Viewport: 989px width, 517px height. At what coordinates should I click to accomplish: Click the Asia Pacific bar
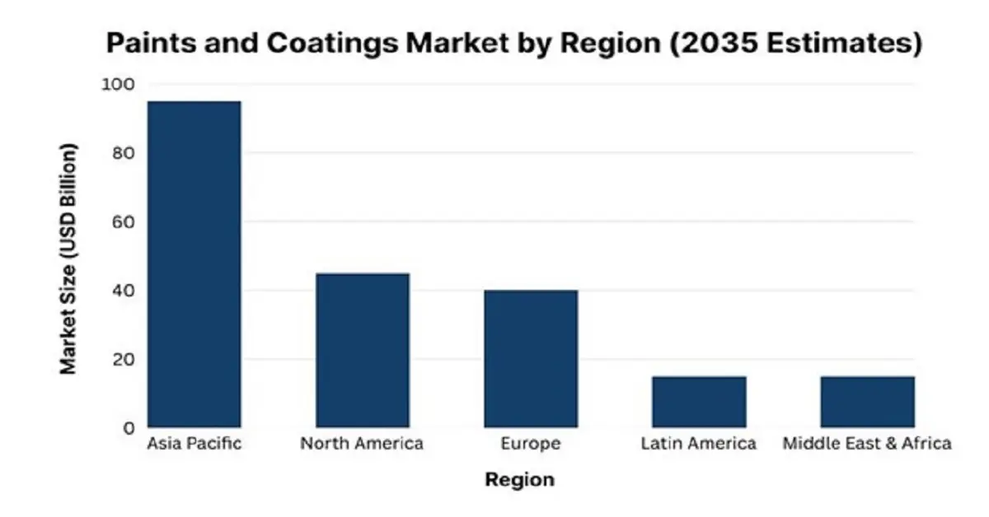pyautogui.click(x=194, y=263)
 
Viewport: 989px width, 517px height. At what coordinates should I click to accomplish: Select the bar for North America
pyautogui.click(x=362, y=350)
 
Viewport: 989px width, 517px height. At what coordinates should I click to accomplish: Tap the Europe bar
pyautogui.click(x=531, y=358)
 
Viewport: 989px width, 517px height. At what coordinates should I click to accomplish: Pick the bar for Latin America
pyautogui.click(x=699, y=402)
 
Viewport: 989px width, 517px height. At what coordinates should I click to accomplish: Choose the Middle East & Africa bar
pyautogui.click(x=867, y=402)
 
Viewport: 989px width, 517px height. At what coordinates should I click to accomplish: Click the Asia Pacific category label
pyautogui.click(x=194, y=444)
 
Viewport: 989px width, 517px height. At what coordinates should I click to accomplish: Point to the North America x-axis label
pyautogui.click(x=362, y=444)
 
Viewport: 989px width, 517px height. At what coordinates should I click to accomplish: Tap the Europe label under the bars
pyautogui.click(x=531, y=444)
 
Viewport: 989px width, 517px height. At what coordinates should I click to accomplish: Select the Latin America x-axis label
pyautogui.click(x=699, y=444)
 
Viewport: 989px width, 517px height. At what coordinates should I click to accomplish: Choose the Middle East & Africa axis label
pyautogui.click(x=867, y=444)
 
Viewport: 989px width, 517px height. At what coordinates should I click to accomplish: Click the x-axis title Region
pyautogui.click(x=519, y=479)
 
